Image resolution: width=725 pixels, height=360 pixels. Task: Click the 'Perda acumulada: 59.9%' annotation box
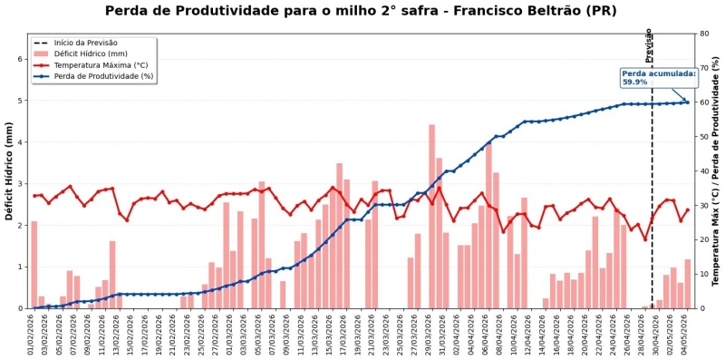tap(659, 78)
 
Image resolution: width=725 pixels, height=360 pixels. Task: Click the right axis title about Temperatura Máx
tap(716, 171)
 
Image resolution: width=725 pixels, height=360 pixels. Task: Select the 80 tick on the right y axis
tap(703, 34)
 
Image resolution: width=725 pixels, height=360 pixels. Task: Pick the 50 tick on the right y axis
tap(703, 137)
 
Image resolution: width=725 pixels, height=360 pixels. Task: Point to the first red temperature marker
tap(34, 196)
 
